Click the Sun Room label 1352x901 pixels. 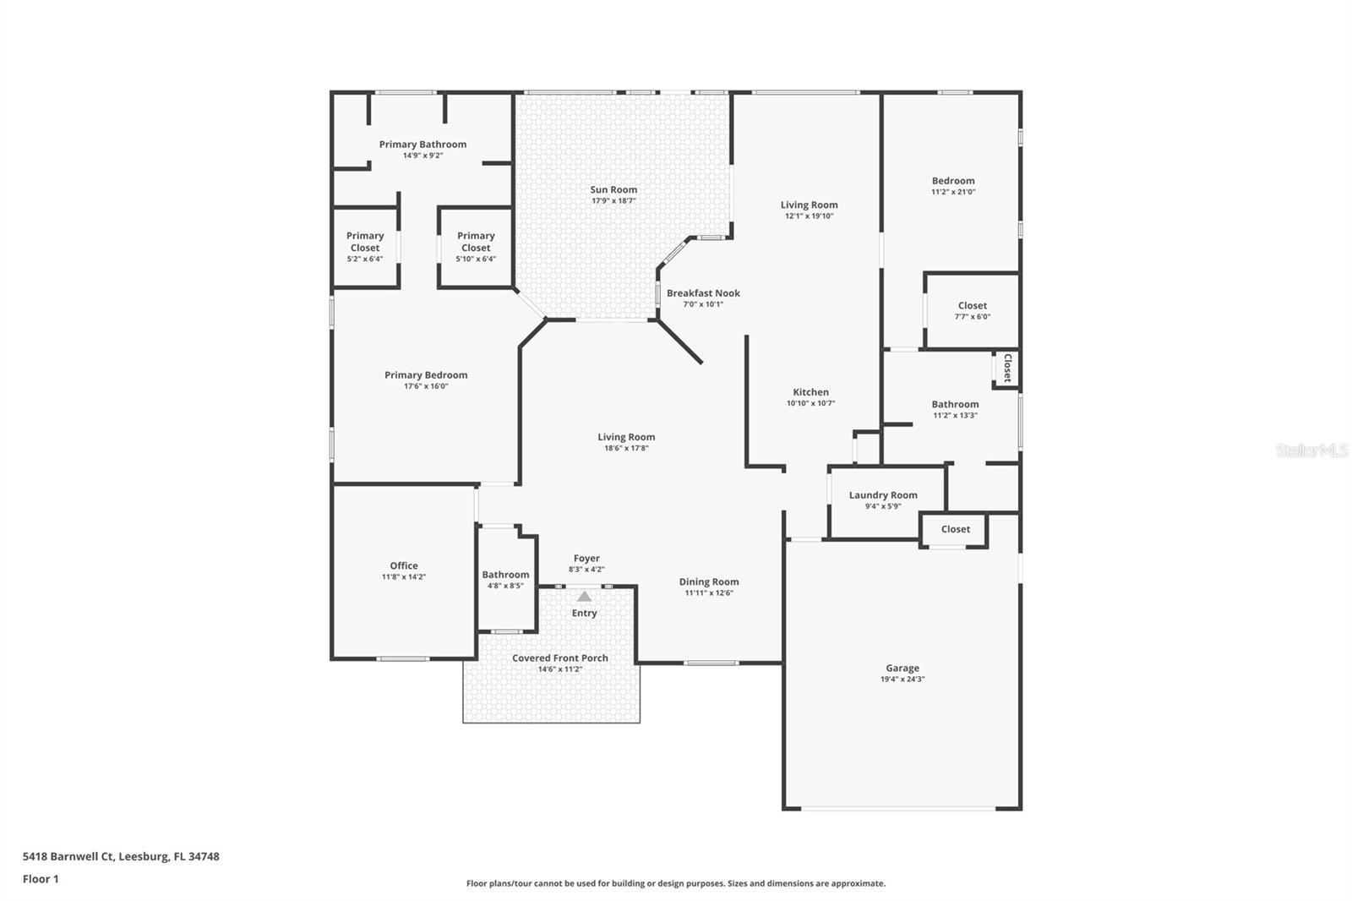tap(613, 189)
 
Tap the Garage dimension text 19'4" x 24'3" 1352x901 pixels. tap(902, 679)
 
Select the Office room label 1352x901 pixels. tap(404, 565)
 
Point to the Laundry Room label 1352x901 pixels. tap(883, 495)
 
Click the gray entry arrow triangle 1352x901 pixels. tap(584, 597)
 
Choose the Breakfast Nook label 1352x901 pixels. tap(703, 293)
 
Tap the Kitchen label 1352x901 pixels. tap(810, 392)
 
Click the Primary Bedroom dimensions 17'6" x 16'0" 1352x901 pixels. tap(426, 386)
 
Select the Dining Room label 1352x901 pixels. tap(709, 582)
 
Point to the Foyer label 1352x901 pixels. tap(586, 559)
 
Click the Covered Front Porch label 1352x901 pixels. tap(560, 658)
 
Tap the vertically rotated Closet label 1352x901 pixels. tap(1006, 369)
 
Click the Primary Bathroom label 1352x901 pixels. tap(422, 145)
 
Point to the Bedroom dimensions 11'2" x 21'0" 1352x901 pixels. tap(953, 191)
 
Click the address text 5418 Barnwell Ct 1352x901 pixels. tap(68, 856)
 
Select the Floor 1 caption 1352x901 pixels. tap(41, 879)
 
